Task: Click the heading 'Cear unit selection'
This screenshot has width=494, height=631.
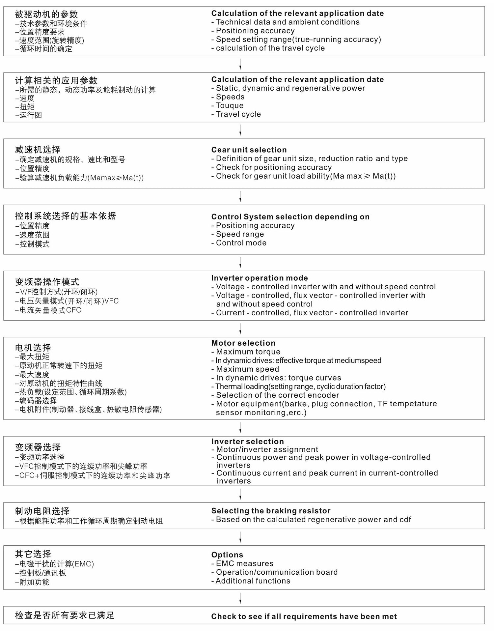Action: click(x=249, y=150)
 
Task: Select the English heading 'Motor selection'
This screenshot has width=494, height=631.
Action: click(x=243, y=343)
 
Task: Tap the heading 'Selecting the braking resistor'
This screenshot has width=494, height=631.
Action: click(x=271, y=511)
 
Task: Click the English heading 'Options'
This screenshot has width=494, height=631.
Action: click(x=227, y=555)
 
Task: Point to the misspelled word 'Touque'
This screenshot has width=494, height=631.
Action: click(x=230, y=105)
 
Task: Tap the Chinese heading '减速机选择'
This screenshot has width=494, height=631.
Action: click(x=38, y=150)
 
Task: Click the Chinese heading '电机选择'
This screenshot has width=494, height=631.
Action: click(x=33, y=348)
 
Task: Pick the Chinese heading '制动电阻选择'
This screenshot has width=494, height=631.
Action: click(x=42, y=511)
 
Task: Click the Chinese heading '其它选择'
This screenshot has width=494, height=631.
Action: click(x=33, y=554)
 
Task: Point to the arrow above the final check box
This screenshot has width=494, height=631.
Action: click(x=240, y=598)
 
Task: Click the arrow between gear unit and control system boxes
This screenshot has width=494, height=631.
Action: click(x=240, y=196)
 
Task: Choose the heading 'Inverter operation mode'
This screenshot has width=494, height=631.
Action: click(x=260, y=278)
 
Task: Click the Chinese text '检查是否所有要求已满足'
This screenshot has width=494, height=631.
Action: click(x=65, y=615)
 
